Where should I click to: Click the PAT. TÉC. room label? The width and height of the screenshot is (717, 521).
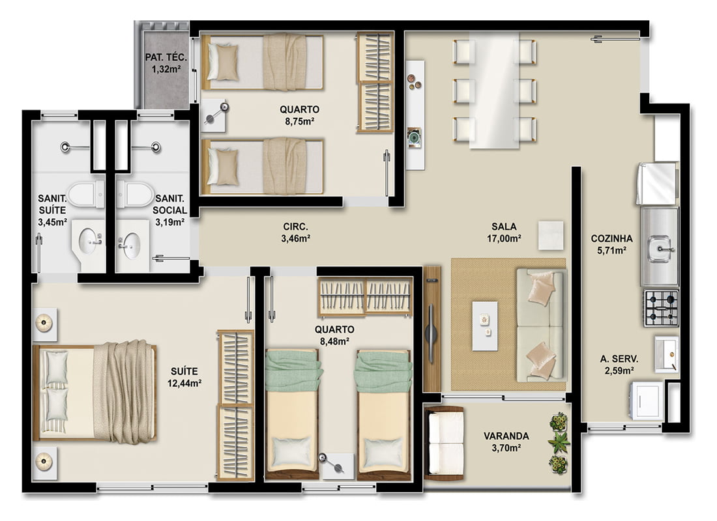[166, 57]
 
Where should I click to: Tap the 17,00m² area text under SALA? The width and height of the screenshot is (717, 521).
[505, 238]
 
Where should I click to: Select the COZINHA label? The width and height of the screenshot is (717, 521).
[612, 238]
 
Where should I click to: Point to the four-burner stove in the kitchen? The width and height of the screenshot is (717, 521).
[661, 308]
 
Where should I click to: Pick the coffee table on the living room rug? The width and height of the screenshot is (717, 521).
[485, 326]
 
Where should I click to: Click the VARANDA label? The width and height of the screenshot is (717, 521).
[506, 436]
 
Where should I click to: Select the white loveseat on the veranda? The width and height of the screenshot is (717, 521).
[444, 442]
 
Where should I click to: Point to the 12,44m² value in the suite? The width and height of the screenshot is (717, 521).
[184, 383]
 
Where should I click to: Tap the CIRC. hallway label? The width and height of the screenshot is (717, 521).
[295, 226]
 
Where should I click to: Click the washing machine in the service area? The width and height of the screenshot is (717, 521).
[647, 400]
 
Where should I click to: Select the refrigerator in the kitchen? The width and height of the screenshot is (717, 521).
[657, 183]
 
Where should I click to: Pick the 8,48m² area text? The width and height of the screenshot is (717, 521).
[335, 341]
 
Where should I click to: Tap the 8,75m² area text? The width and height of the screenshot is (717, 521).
[300, 121]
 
